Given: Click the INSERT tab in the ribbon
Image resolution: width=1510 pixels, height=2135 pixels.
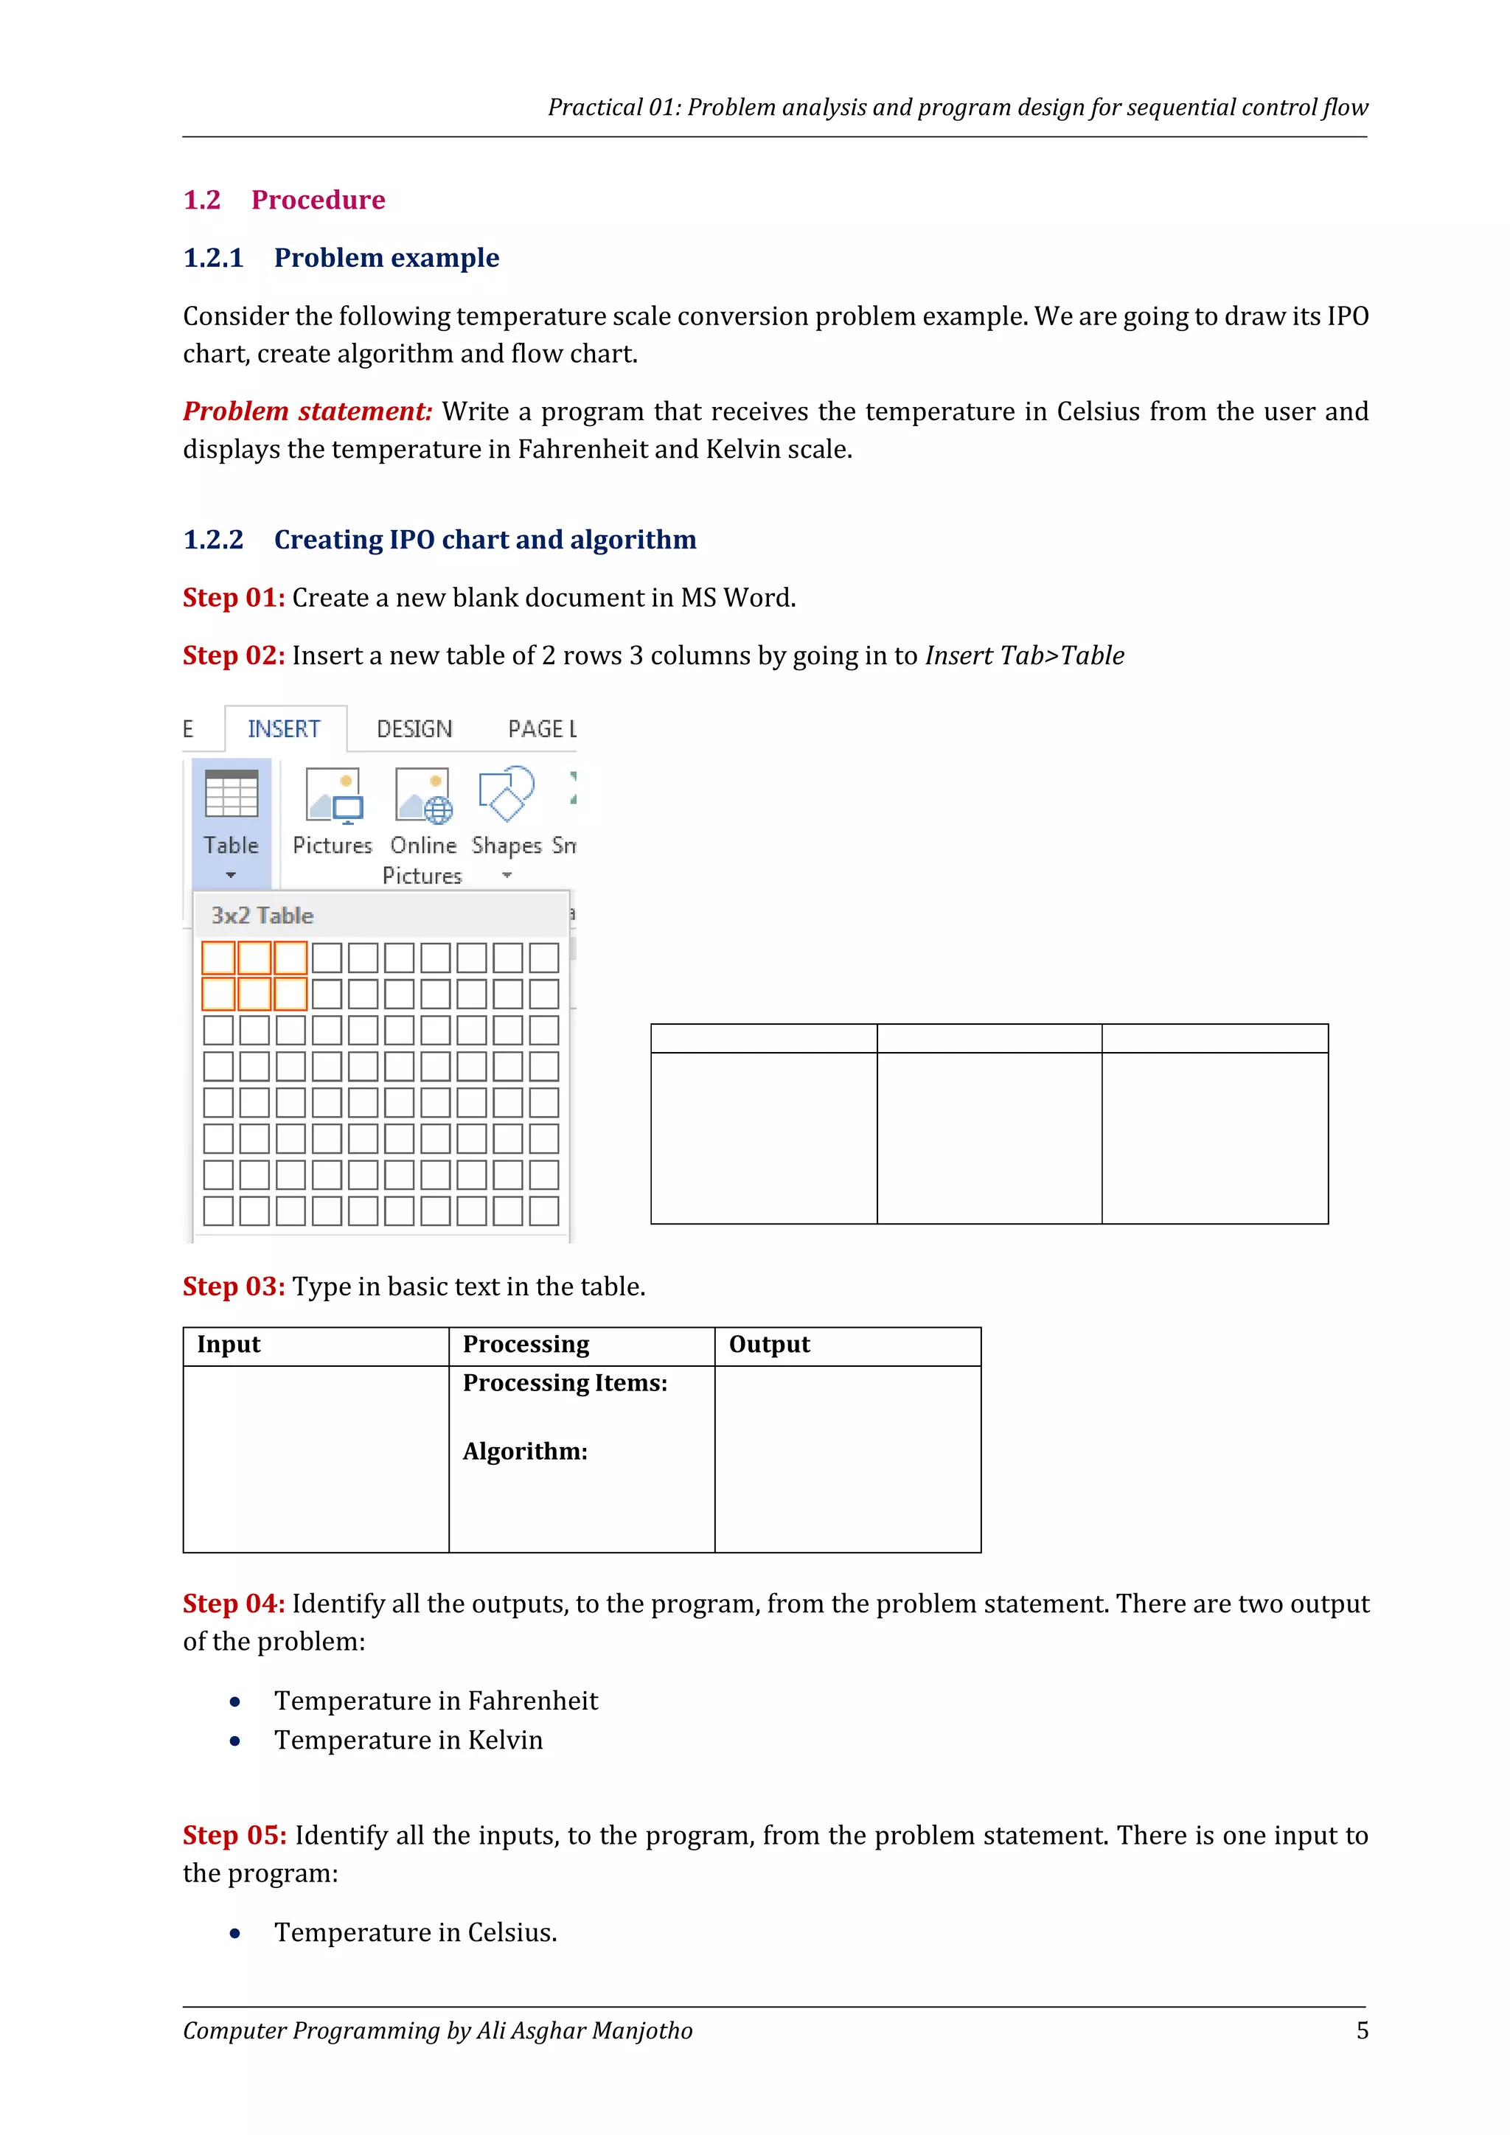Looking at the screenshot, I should (284, 729).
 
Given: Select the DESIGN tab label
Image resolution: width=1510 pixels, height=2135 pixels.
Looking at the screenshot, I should (414, 729).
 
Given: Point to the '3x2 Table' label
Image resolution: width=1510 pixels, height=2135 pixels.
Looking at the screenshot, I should (262, 916).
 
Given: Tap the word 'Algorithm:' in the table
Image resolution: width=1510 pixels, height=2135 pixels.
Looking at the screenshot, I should (526, 1452).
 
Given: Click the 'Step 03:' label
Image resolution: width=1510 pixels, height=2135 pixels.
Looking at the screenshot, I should (234, 1287).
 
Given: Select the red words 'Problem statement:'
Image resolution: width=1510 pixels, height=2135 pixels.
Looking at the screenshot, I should (307, 412).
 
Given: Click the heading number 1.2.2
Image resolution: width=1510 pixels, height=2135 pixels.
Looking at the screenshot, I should (213, 540).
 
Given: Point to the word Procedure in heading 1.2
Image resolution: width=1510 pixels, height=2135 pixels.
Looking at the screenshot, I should (318, 200).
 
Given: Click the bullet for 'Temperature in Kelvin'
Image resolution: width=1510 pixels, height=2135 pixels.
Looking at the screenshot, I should (235, 1741).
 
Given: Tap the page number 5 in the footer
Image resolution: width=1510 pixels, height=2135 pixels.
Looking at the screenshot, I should (1362, 2031).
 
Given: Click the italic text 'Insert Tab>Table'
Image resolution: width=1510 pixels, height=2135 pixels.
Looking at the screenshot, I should (1023, 656).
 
